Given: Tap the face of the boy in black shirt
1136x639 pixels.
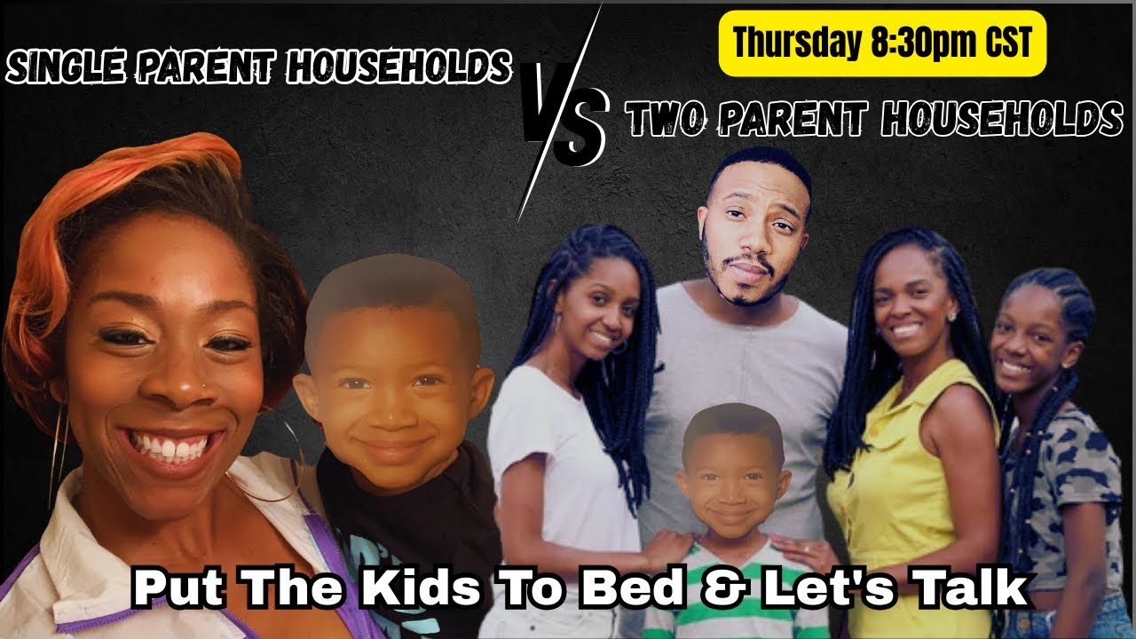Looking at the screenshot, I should pyautogui.click(x=390, y=390).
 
